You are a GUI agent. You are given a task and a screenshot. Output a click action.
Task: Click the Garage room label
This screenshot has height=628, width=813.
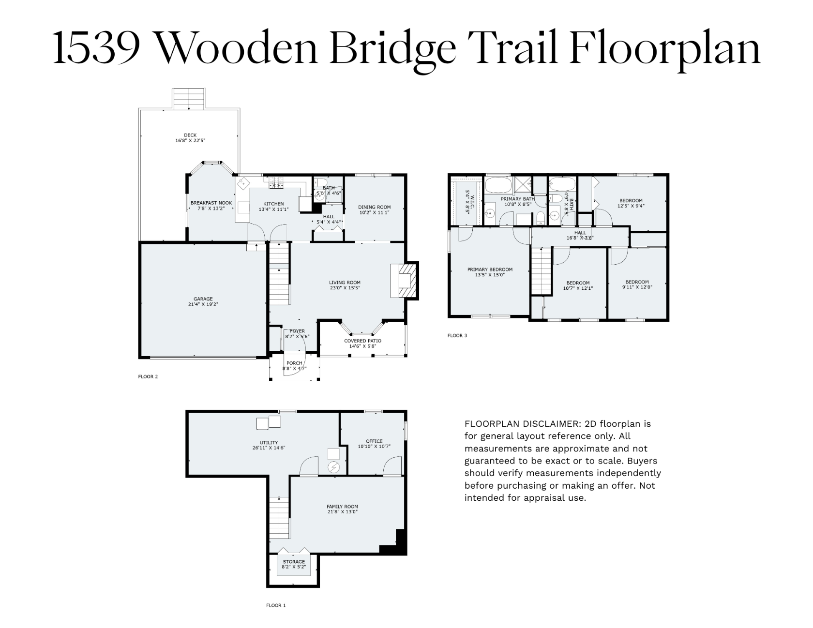tap(204, 299)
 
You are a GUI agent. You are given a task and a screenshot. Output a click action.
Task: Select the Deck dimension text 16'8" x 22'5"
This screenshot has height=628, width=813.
tap(190, 141)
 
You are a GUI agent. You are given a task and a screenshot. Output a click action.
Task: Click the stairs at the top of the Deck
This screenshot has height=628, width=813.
tap(190, 99)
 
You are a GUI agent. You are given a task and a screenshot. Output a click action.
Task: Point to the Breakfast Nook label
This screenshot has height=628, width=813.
tap(211, 203)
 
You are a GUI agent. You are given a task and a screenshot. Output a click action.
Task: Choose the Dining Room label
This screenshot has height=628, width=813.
tap(375, 207)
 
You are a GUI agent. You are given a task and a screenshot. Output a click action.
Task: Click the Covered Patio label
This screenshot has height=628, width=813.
tap(362, 341)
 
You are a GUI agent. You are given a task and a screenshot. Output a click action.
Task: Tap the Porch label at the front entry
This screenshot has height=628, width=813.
tap(294, 363)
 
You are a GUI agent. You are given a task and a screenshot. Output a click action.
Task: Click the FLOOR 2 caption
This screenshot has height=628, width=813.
tap(148, 376)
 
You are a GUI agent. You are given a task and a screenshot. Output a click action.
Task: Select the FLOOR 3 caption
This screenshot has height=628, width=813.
tap(457, 335)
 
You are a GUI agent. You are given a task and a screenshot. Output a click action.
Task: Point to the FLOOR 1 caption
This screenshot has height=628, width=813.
tap(276, 605)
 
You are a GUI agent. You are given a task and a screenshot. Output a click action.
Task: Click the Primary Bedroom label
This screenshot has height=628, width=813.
tap(490, 269)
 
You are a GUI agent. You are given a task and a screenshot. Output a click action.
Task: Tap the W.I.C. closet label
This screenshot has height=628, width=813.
tap(467, 194)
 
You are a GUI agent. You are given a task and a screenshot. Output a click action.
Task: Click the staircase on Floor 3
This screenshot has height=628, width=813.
tap(542, 270)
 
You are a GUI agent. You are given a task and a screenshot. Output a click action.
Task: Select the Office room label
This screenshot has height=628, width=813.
tap(374, 441)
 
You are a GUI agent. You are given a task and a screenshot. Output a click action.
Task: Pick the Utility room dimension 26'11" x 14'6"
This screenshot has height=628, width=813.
tap(269, 448)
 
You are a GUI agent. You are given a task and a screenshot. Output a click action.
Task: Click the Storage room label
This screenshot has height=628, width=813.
tap(294, 562)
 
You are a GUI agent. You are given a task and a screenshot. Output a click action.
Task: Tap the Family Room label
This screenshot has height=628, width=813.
tap(342, 507)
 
